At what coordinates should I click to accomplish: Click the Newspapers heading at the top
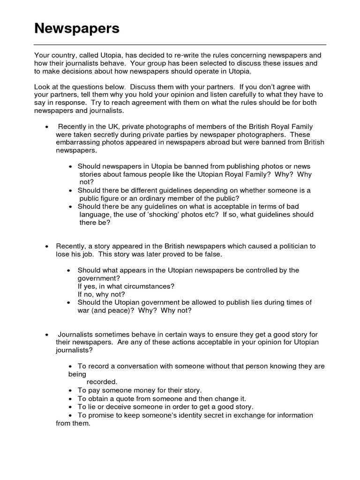[x=77, y=29]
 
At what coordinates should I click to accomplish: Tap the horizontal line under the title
[x=180, y=45]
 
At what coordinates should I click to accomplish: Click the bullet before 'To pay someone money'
[x=70, y=390]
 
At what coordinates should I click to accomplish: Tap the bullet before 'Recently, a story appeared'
[x=46, y=247]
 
